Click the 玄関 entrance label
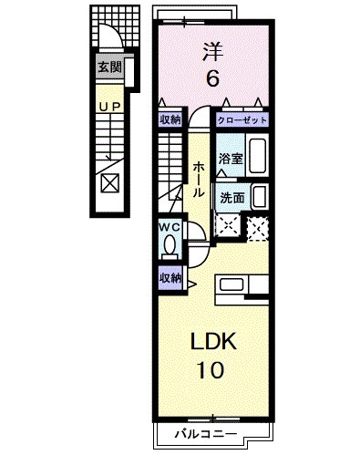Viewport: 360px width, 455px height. (109, 67)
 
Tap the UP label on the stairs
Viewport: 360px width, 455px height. (110, 107)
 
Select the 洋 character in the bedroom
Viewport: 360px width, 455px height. (212, 52)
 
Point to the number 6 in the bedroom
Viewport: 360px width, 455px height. (212, 78)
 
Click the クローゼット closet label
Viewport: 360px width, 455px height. (242, 120)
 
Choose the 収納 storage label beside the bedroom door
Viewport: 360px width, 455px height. (170, 119)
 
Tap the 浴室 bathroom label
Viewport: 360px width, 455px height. (231, 159)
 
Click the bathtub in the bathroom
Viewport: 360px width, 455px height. (258, 156)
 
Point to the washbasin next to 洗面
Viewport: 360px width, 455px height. (260, 197)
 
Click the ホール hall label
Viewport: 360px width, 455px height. (198, 180)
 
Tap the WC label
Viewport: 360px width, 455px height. (170, 227)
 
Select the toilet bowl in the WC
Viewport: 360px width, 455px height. (170, 243)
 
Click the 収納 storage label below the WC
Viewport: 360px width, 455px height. (170, 278)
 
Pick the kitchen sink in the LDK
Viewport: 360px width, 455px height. (231, 284)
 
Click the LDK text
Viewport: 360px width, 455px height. (213, 341)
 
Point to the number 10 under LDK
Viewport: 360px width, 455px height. (211, 369)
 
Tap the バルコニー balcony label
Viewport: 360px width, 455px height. (206, 434)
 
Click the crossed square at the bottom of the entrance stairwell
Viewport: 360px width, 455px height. (110, 183)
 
